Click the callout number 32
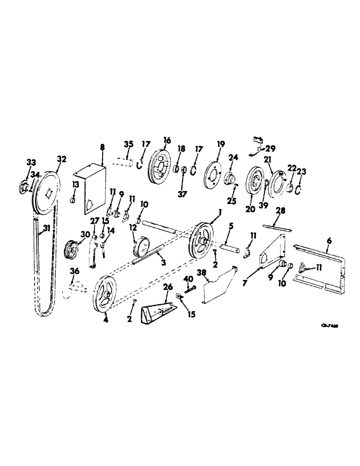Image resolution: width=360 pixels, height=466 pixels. click(62, 158)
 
